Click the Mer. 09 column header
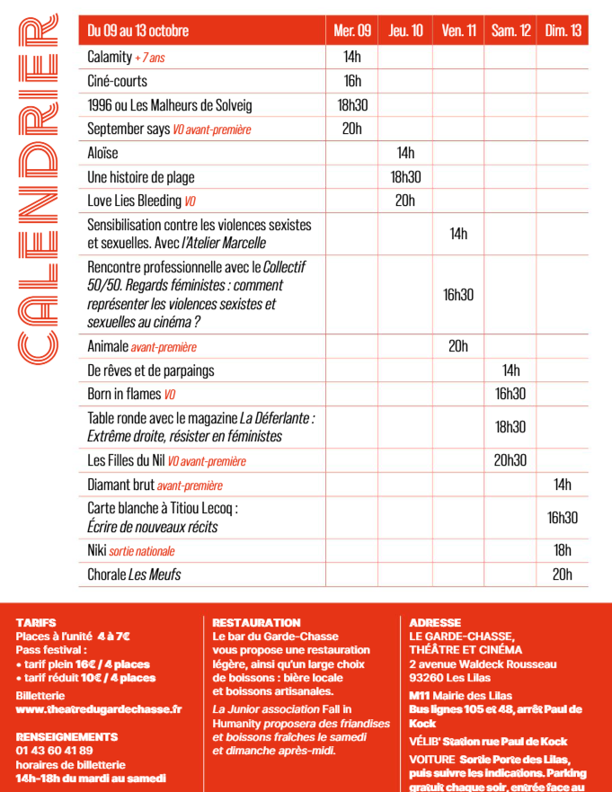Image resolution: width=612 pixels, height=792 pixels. (x=351, y=31)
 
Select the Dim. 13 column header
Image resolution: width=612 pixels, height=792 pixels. (x=563, y=31)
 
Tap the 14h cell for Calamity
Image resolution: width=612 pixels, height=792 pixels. (x=351, y=57)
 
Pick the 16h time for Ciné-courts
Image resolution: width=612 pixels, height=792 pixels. (x=351, y=81)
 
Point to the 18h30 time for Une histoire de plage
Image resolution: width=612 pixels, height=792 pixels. (x=405, y=177)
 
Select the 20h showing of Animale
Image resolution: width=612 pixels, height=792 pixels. (x=458, y=346)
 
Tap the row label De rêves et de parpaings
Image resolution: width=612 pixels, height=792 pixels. (x=151, y=369)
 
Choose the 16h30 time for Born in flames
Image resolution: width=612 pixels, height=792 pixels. (x=510, y=394)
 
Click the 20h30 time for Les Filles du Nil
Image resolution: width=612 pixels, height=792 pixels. (x=510, y=460)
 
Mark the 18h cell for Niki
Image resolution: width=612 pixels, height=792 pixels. (x=563, y=550)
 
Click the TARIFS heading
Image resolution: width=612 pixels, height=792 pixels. (x=36, y=622)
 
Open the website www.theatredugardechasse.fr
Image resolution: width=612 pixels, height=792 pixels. (x=98, y=709)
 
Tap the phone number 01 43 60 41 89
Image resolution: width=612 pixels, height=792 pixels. (x=54, y=751)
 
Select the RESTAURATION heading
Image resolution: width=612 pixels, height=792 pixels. (x=256, y=622)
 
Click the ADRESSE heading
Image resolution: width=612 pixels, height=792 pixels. (x=434, y=622)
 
